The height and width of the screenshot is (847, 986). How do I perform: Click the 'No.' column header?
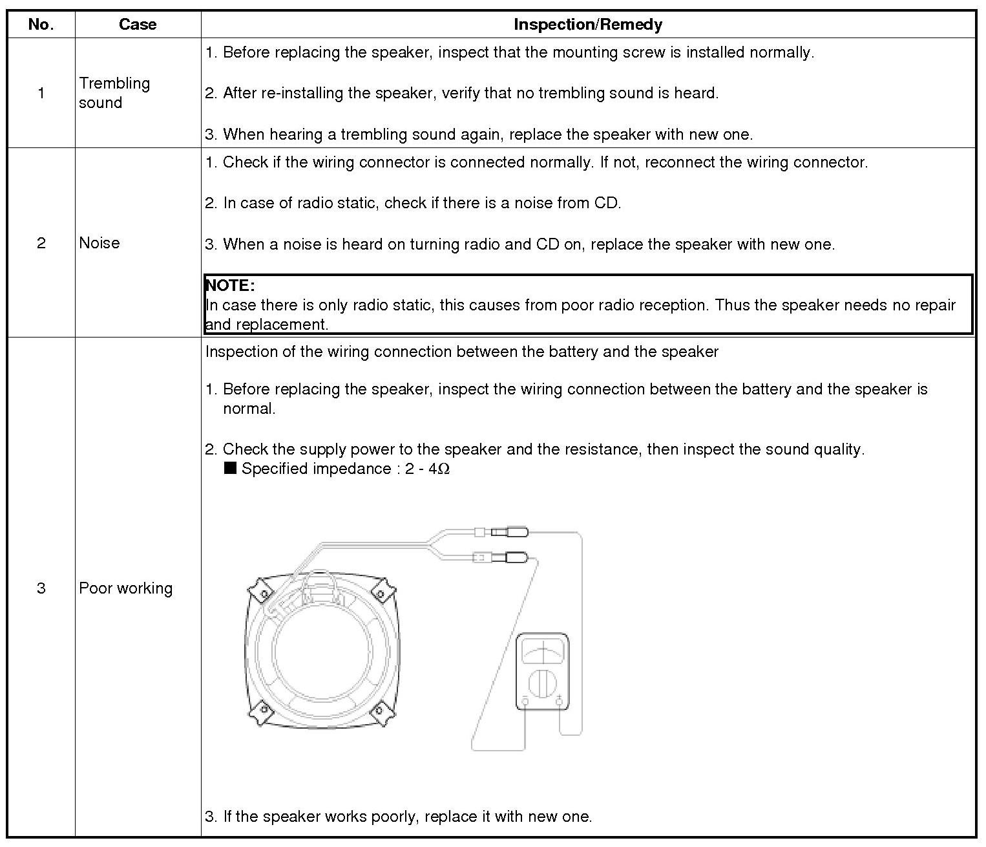(x=41, y=25)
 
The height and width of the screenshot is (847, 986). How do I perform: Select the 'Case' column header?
(x=138, y=25)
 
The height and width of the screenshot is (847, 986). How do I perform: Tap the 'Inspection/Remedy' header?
(x=587, y=25)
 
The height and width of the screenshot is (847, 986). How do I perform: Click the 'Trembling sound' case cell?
(x=114, y=93)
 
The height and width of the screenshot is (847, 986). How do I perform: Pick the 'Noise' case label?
(x=100, y=243)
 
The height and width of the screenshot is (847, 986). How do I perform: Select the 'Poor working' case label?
(x=126, y=588)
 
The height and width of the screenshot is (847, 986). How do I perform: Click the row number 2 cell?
(x=41, y=243)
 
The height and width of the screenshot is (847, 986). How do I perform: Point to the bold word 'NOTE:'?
(x=230, y=285)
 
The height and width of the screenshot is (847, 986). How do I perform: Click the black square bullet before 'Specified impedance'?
(x=230, y=468)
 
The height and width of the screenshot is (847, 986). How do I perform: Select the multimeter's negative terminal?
(x=525, y=702)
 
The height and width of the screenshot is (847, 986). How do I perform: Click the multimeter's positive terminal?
(x=560, y=702)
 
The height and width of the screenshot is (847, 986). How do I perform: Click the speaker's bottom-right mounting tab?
(x=381, y=713)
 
